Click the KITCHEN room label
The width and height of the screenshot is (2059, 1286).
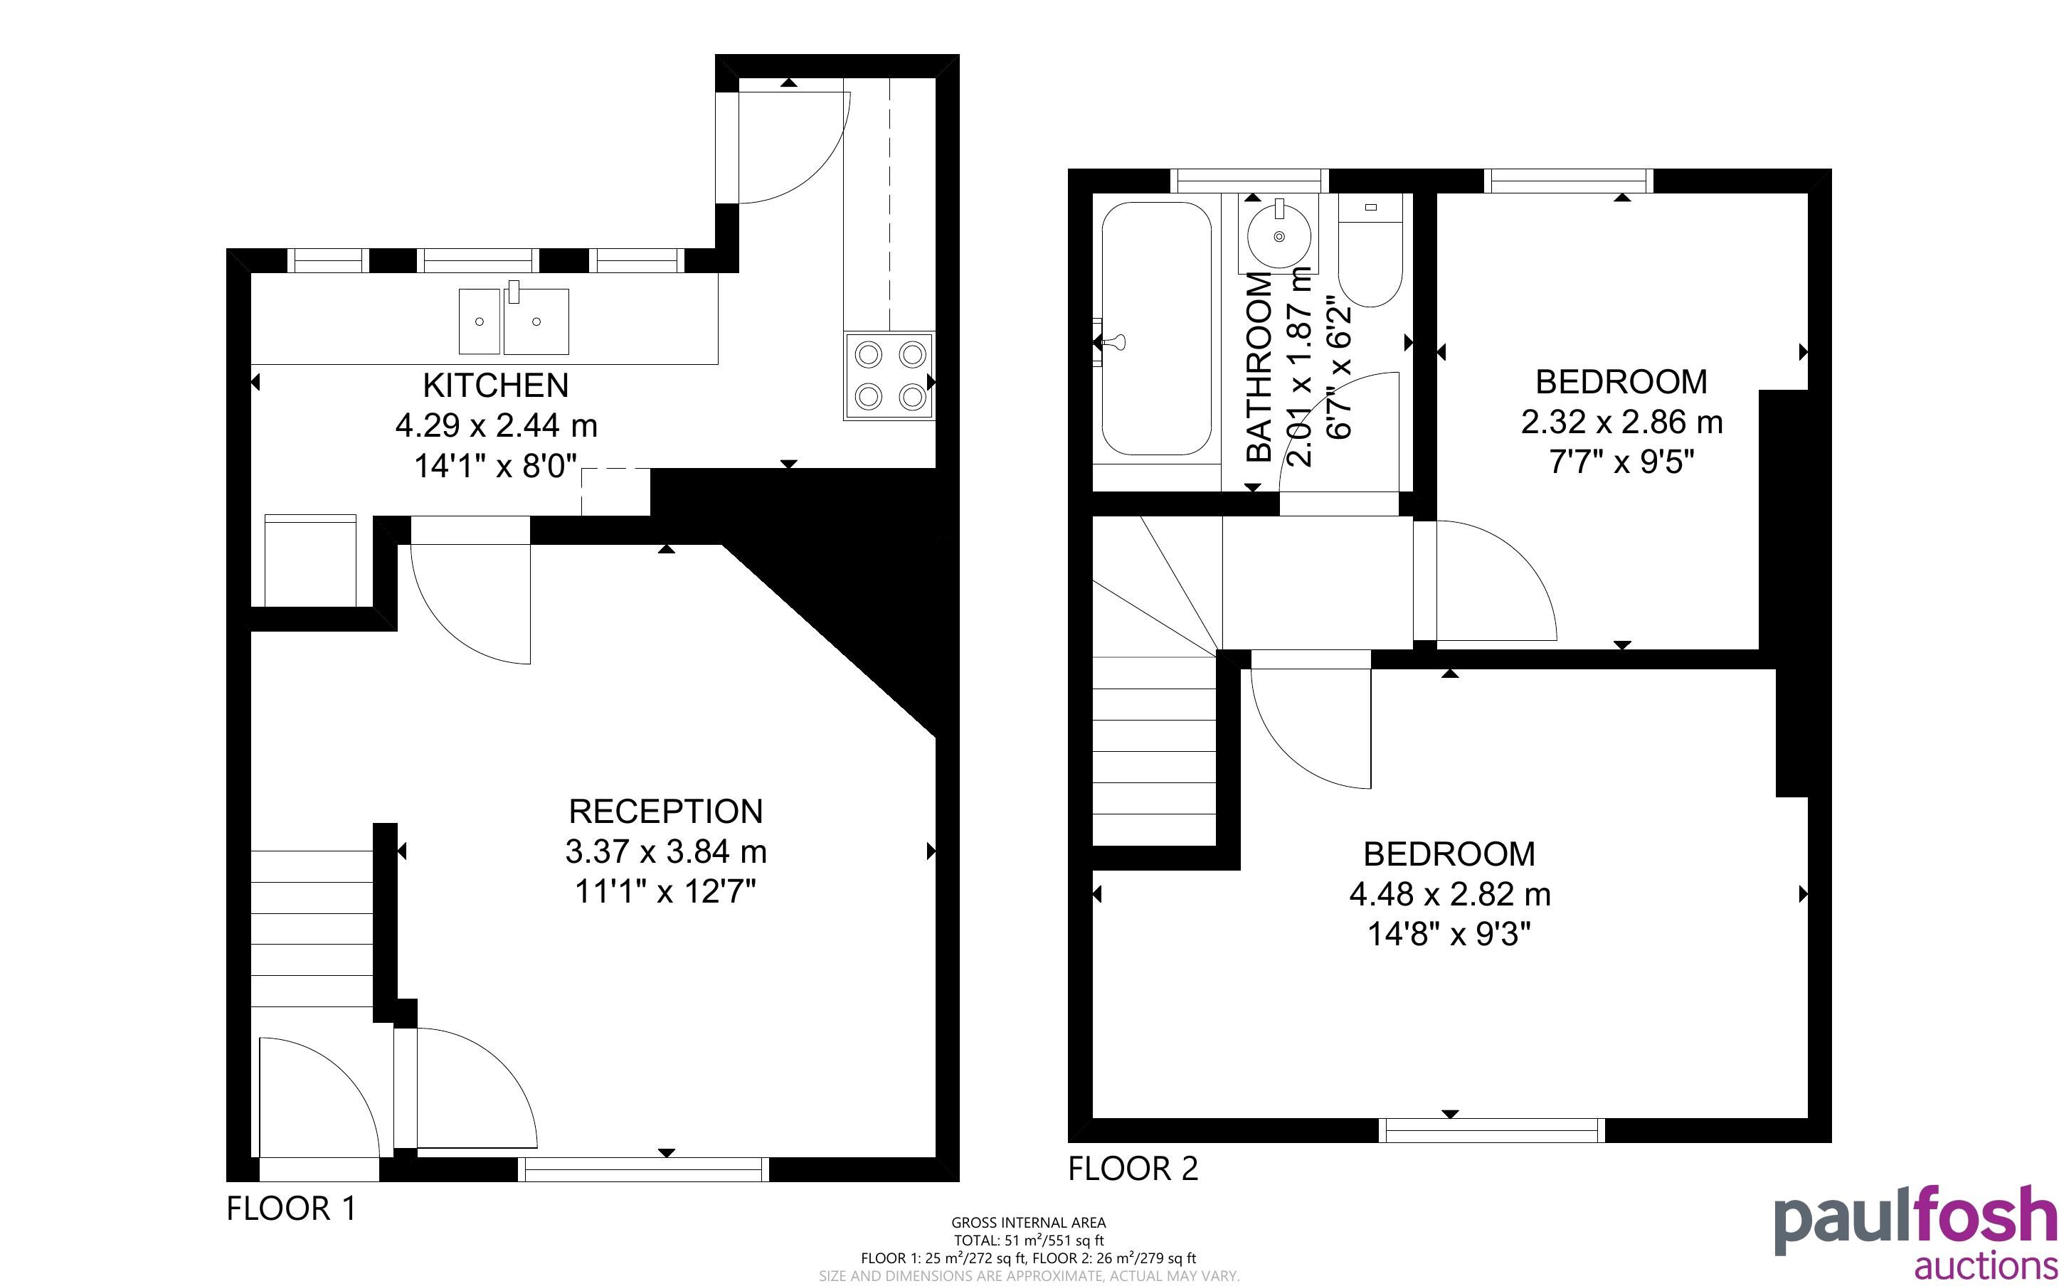pyautogui.click(x=496, y=386)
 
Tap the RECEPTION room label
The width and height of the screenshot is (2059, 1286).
pyautogui.click(x=666, y=812)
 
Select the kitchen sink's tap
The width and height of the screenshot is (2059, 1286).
pyautogui.click(x=514, y=292)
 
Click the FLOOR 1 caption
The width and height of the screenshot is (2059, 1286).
pyautogui.click(x=291, y=1208)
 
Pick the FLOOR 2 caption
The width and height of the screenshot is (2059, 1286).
pyautogui.click(x=1133, y=1169)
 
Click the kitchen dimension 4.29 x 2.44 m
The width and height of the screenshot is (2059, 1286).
pyautogui.click(x=496, y=425)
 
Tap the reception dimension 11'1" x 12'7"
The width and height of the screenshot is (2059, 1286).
pyautogui.click(x=666, y=891)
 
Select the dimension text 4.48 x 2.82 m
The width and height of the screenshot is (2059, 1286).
pyautogui.click(x=1450, y=894)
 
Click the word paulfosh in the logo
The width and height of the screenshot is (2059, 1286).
pyautogui.click(x=1915, y=1220)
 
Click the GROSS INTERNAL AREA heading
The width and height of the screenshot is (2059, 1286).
pyautogui.click(x=1028, y=1223)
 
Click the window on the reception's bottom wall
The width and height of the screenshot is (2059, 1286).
pyautogui.click(x=644, y=1170)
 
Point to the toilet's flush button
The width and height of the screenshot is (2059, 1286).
pyautogui.click(x=1370, y=207)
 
